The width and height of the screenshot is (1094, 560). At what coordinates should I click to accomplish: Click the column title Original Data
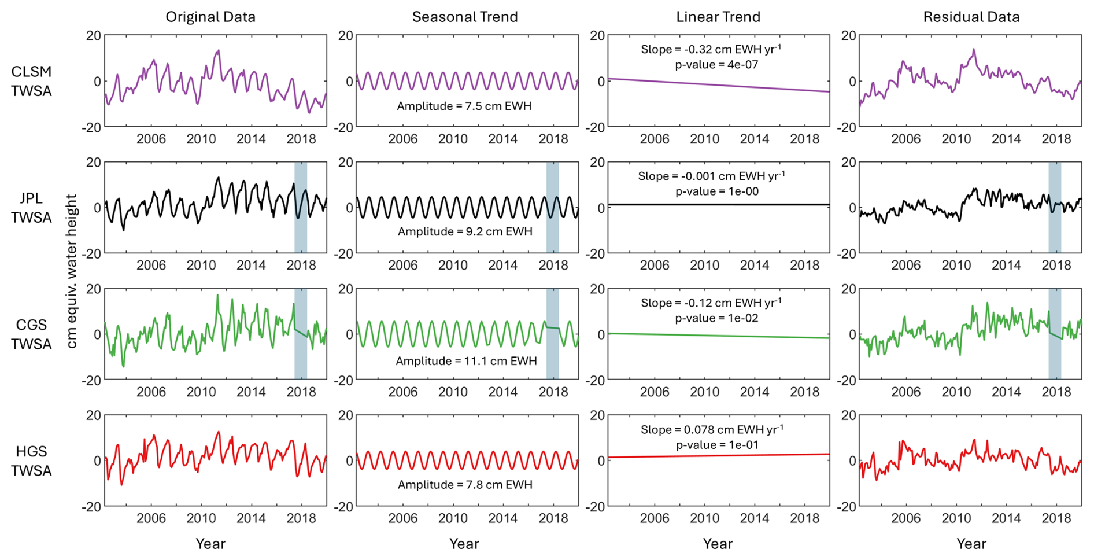210,17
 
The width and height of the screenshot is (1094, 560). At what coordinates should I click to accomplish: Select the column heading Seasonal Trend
465,17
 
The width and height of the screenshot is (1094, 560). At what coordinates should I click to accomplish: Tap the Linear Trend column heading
718,17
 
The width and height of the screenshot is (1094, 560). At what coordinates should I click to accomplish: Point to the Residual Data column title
971,17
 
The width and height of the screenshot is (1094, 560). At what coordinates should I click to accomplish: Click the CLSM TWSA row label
31,81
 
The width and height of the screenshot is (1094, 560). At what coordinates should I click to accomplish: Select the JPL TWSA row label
31,208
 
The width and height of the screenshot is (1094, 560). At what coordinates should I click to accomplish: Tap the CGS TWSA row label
31,334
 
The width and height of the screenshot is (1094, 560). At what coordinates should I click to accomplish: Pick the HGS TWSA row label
31,461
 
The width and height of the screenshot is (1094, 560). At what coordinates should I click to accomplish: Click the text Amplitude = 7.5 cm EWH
464,106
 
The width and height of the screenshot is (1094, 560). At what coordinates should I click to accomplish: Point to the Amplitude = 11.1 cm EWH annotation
466,362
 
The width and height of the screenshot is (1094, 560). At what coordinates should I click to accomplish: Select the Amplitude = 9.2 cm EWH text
465,232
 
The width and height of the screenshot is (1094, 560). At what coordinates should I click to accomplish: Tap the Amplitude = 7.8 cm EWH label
465,485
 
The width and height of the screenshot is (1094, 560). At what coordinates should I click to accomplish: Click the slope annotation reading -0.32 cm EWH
711,49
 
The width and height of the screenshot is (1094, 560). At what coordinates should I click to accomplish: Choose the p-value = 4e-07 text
716,65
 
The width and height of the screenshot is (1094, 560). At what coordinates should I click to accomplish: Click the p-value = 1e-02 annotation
717,318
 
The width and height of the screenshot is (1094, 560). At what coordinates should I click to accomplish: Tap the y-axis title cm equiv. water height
72,271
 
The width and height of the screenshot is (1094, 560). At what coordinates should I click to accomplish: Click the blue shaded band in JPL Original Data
301,208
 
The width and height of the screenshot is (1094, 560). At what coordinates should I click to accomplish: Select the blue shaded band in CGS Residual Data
1055,334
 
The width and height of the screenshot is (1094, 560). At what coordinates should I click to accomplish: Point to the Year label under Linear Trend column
718,544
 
